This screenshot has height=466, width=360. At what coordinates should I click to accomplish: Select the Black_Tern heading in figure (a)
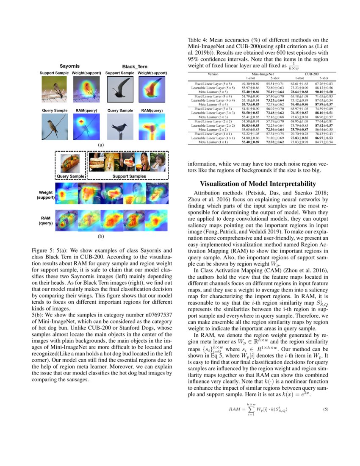coord(132,67)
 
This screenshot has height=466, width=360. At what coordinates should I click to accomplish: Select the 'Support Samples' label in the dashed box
coord(129,176)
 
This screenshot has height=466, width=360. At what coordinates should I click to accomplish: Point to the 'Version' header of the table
coord(213,74)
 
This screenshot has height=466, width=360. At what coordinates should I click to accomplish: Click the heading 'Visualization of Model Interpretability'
coord(258,184)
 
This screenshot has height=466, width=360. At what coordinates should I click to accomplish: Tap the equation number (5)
coord(326,410)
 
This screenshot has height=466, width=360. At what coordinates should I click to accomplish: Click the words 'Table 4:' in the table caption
coord(198,40)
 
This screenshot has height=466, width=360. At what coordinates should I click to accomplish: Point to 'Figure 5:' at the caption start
coord(43,250)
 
